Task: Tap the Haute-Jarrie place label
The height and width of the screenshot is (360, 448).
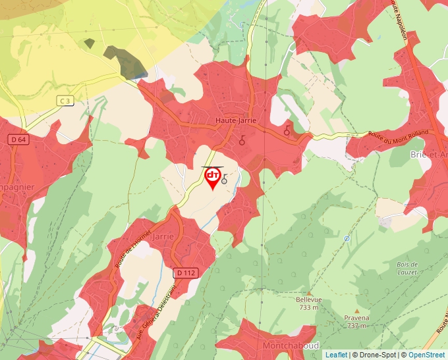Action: [x=235, y=120]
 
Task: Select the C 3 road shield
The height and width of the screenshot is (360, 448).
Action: [x=65, y=100]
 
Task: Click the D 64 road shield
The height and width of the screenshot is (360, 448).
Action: [x=18, y=140]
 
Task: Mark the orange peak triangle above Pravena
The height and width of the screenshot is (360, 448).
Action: [x=356, y=310]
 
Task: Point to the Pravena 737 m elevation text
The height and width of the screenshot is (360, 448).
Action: [x=356, y=322]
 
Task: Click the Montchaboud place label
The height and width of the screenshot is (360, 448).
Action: [x=291, y=346]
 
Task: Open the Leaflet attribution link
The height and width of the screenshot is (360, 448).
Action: [x=336, y=355]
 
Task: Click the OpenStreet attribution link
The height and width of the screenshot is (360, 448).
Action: [x=427, y=355]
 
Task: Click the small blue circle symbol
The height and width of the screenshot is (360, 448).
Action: [x=347, y=238]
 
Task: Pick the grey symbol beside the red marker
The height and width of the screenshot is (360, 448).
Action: [x=225, y=179]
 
